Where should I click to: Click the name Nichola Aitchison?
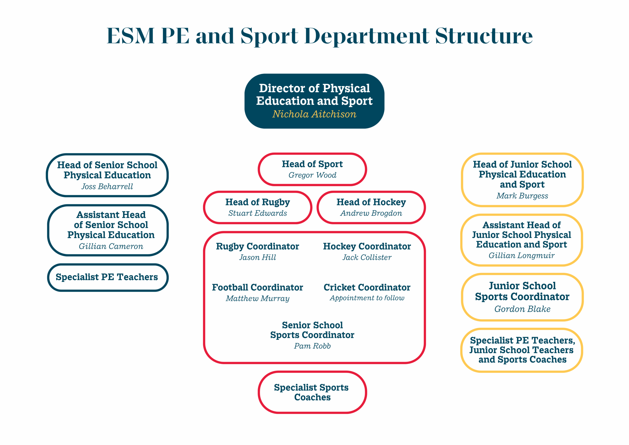[314, 114]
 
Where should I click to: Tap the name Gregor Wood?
[312, 175]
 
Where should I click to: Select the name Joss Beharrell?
[107, 186]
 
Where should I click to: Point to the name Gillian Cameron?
[111, 246]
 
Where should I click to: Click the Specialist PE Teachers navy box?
[107, 277]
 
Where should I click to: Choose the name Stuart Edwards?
[257, 213]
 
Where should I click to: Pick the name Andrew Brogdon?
[371, 213]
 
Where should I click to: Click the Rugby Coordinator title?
[257, 246]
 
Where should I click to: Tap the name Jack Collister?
[367, 257]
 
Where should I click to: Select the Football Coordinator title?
[257, 287]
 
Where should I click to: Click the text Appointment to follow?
[367, 298]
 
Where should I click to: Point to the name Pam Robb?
[312, 346]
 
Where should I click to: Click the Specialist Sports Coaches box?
[312, 392]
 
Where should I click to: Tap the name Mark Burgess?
[522, 195]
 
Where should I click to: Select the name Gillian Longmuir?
[522, 255]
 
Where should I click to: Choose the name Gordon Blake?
[522, 309]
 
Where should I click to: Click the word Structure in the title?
[484, 36]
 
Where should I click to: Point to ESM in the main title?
[130, 36]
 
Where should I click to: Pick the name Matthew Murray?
[257, 298]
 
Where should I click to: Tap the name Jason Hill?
[257, 257]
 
